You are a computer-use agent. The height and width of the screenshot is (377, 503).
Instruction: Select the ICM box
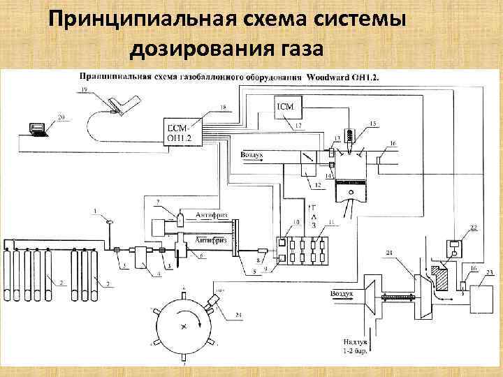click(287, 106)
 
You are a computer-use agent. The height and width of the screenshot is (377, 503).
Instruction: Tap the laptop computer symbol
click(36, 128)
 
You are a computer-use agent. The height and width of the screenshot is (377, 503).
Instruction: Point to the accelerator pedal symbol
click(117, 103)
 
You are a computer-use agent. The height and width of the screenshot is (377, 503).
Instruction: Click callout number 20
click(61, 117)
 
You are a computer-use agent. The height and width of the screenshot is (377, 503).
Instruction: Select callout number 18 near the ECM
click(222, 107)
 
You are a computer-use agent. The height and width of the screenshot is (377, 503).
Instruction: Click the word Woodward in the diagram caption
click(326, 77)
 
